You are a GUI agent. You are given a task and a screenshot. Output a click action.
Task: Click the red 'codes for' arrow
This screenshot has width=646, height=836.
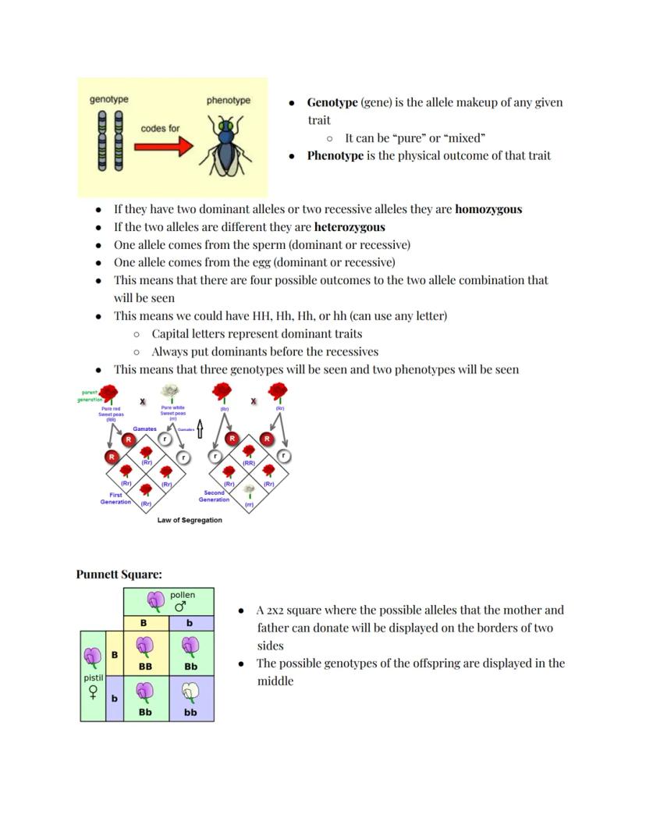164,146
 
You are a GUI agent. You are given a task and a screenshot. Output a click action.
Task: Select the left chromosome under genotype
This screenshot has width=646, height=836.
101,141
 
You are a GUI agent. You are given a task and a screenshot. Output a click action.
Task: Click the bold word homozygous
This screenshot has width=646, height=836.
488,209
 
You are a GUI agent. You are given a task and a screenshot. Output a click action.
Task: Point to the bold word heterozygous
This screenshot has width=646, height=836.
350,227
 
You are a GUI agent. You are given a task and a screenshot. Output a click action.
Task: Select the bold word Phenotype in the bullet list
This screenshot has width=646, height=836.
335,155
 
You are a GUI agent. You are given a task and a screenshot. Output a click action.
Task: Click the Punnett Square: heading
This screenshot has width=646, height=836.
119,575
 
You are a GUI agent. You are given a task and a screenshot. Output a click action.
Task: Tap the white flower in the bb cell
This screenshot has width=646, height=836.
190,694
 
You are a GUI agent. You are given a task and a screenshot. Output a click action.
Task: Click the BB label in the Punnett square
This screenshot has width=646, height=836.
145,667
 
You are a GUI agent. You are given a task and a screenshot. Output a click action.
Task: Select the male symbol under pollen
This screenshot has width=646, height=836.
180,607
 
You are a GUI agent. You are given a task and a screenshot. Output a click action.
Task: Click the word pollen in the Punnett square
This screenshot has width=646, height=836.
183,595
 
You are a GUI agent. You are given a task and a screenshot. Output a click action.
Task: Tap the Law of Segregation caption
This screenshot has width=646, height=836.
190,520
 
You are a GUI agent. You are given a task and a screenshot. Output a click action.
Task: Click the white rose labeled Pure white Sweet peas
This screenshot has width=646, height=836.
169,392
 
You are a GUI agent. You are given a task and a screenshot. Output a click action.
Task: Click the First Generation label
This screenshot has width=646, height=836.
115,498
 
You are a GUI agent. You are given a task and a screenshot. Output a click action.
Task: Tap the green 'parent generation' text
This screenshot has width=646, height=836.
90,396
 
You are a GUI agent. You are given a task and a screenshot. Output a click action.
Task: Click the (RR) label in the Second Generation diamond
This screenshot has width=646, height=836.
249,463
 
